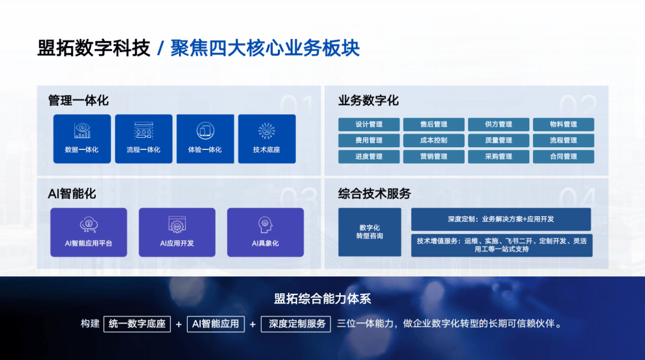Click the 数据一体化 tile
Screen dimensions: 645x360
[x=82, y=139]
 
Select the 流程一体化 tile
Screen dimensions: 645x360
[x=144, y=139]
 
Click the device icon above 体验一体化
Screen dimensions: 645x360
[x=205, y=131]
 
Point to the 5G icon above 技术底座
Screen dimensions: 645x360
[x=267, y=131]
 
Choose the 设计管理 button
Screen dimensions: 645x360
[x=369, y=124]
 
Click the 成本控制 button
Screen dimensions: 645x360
[x=433, y=141]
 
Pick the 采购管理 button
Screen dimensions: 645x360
[x=499, y=157]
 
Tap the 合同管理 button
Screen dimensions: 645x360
[x=563, y=157]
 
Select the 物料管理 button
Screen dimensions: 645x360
[x=563, y=124]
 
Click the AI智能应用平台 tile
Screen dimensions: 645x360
[x=89, y=232]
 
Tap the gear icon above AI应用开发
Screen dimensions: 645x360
[x=177, y=224]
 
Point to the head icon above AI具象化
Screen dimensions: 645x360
[x=265, y=225]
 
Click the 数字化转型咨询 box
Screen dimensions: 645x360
[x=370, y=232]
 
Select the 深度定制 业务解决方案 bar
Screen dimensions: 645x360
[x=501, y=219]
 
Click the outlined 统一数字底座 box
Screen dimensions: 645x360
[x=137, y=324]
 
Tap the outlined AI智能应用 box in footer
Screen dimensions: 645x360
[x=216, y=324]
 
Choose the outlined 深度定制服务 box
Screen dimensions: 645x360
[x=296, y=324]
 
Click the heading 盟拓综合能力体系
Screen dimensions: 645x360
[x=322, y=299]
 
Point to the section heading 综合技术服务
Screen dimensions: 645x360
[x=374, y=194]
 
